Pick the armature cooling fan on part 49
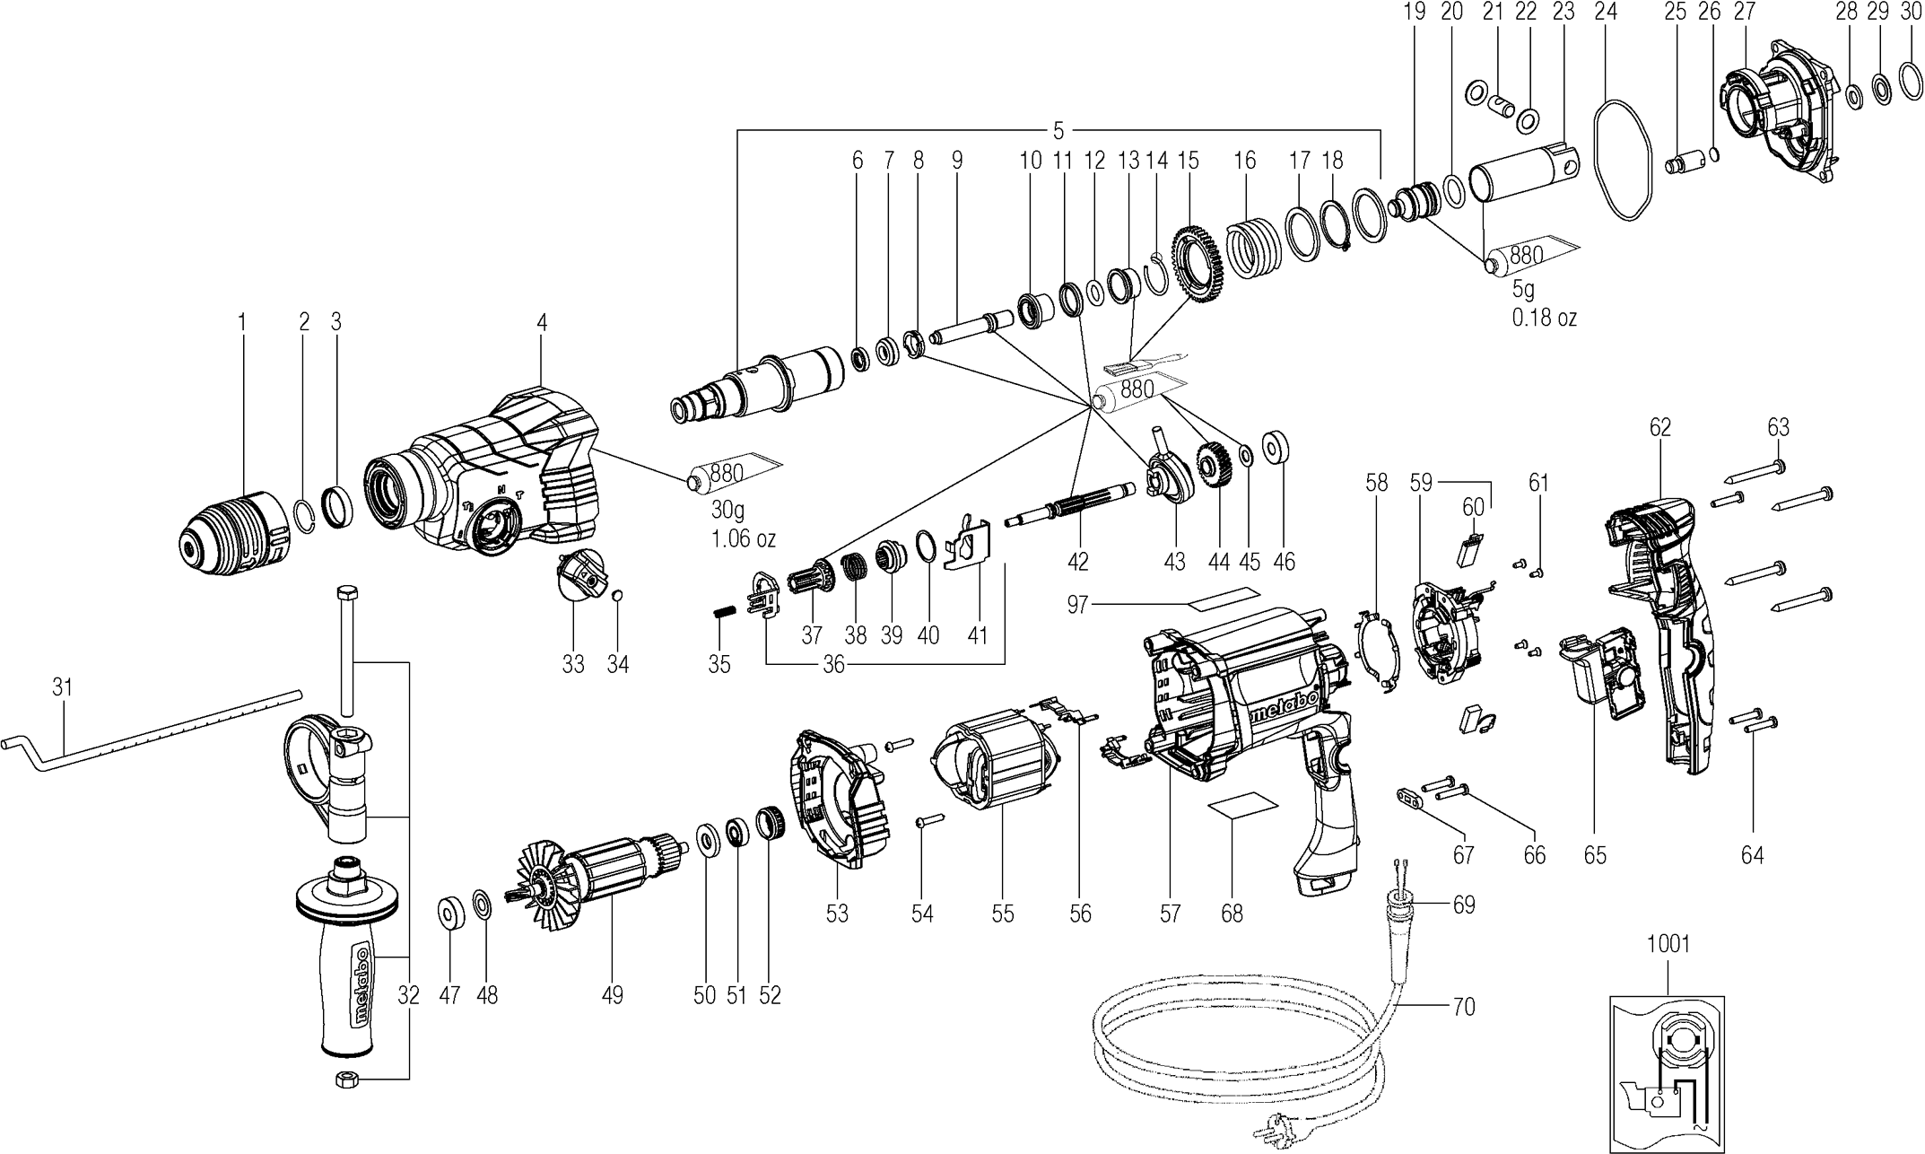click(x=542, y=883)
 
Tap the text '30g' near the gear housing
click(x=727, y=511)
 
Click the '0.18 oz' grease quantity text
click(x=1545, y=318)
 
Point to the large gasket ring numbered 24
click(x=1622, y=170)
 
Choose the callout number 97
click(x=1077, y=605)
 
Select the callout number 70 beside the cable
click(x=1463, y=1008)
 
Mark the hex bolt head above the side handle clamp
click(x=347, y=594)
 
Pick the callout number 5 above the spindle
click(x=1058, y=132)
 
